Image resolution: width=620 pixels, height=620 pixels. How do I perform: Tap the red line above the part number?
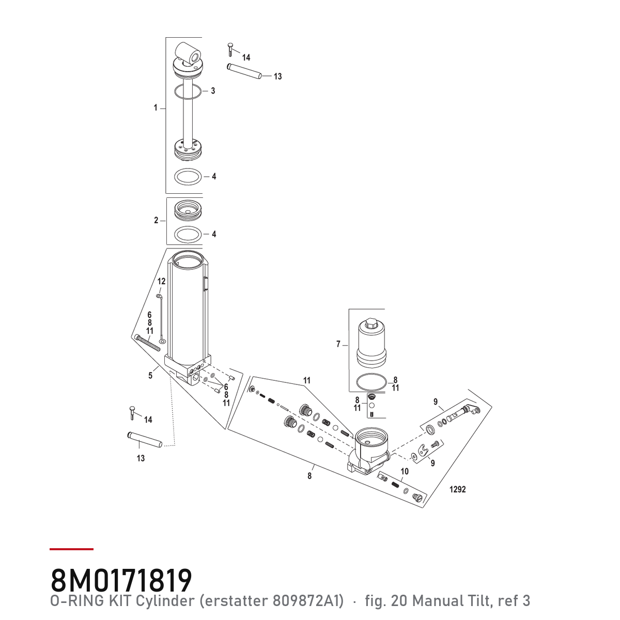(71, 549)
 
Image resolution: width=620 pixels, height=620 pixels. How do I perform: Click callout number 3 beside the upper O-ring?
(213, 91)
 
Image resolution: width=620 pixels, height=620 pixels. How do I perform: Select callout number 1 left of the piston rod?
(156, 108)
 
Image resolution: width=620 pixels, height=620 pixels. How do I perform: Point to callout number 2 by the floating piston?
(156, 221)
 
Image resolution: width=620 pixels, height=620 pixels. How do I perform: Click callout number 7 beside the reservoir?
(338, 344)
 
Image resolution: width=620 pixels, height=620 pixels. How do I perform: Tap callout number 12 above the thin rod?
(161, 281)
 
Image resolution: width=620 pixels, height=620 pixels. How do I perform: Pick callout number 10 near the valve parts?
(405, 471)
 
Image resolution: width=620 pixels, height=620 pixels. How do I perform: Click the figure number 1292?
(458, 489)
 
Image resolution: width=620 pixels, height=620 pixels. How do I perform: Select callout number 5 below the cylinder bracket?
(150, 376)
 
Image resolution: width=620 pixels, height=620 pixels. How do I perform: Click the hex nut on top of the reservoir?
(371, 323)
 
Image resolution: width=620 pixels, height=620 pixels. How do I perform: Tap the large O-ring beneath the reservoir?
(371, 382)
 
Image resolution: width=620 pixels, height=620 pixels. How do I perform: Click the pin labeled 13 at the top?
(243, 71)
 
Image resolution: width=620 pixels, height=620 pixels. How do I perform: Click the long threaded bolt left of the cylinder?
(148, 343)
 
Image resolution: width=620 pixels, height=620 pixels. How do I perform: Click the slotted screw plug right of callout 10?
(417, 497)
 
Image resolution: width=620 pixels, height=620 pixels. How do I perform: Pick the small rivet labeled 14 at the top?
(230, 50)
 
